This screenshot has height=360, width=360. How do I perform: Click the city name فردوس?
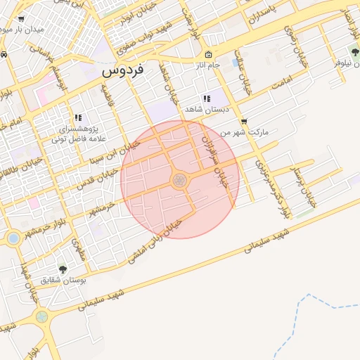(122, 71)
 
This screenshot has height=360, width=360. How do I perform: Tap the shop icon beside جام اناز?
(207, 55)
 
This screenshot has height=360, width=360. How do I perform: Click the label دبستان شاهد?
(203, 110)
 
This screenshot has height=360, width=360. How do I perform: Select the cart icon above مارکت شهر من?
(243, 121)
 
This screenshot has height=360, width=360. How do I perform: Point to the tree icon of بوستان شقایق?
(63, 269)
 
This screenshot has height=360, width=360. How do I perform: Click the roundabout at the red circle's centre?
(179, 180)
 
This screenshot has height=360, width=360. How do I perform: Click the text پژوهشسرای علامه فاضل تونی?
(77, 134)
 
